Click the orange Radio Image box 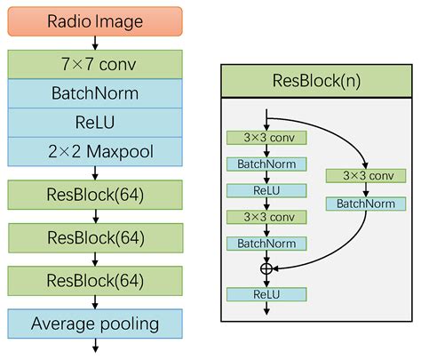[95, 21]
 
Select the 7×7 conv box [95, 63]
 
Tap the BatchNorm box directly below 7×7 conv [95, 92]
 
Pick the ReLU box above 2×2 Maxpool [95, 122]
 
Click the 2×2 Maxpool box [95, 151]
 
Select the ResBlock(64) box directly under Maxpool [95, 195]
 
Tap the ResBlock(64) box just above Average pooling [95, 281]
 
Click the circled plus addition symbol [266, 268]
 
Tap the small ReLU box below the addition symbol [266, 294]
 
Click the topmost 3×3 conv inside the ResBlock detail [266, 138]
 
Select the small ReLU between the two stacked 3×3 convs [266, 190]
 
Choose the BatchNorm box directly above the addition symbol [266, 243]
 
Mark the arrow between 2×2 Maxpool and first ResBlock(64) [95, 172]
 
